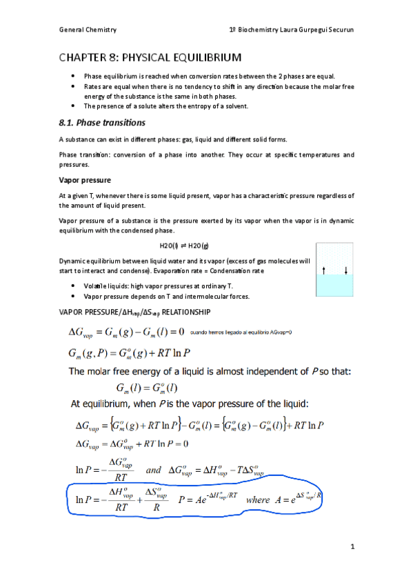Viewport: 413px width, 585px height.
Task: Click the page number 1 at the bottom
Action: (351, 548)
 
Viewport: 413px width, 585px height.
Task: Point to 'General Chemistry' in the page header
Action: (88, 30)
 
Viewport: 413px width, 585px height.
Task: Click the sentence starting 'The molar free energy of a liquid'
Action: (210, 373)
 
